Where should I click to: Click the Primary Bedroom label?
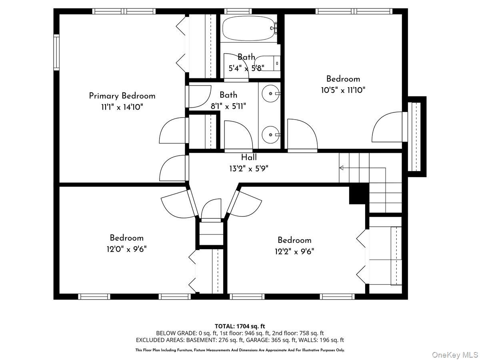point(122,96)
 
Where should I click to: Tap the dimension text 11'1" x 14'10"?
point(122,107)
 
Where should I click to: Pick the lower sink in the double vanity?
point(270,134)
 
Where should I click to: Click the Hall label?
point(249,158)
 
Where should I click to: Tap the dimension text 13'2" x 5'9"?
point(249,168)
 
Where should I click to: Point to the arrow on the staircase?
point(342,168)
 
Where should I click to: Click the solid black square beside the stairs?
point(358,195)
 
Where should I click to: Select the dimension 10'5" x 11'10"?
point(343,90)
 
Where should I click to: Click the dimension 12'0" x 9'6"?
point(126,249)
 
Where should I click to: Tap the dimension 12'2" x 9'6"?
point(294,251)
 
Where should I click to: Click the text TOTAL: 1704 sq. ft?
point(240,326)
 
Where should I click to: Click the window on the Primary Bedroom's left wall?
point(56,52)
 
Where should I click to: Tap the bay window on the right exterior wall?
point(417,136)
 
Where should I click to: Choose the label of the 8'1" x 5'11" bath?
point(228,95)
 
